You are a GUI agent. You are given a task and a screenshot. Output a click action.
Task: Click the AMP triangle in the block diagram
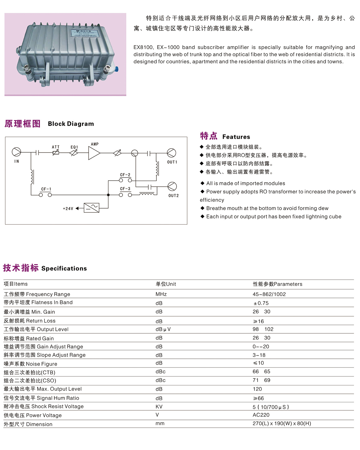pos(94,153)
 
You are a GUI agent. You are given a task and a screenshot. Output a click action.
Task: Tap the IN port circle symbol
pos(16,152)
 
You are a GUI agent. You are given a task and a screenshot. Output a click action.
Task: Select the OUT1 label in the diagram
pos(172,162)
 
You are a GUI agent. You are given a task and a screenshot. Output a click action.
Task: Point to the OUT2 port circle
pos(172,187)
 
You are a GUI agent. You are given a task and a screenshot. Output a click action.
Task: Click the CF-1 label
pos(46,189)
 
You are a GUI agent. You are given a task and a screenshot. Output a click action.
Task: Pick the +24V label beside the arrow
pos(68,209)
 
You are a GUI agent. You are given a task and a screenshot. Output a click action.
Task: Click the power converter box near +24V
pos(92,208)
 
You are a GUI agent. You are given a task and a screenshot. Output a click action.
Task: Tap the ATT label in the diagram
pos(56,147)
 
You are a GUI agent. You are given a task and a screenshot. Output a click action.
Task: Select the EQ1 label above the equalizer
pos(74,147)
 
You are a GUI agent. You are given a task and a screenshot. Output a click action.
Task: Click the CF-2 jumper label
pos(125,175)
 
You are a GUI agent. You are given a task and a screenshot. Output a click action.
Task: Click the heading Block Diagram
pos(71,124)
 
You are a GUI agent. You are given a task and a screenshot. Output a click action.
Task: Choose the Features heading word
pos(236,137)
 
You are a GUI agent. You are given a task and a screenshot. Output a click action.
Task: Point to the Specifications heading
pos(64,268)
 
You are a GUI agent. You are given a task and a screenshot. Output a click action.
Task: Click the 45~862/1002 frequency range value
pos(269,294)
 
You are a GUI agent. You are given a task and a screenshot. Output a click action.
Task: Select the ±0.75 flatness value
pos(261,303)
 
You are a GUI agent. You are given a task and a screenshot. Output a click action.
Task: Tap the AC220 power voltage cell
pos(261,415)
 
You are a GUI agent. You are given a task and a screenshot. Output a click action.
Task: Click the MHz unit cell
pos(161,294)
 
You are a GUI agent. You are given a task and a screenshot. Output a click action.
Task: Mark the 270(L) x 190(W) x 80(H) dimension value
pos(281,423)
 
